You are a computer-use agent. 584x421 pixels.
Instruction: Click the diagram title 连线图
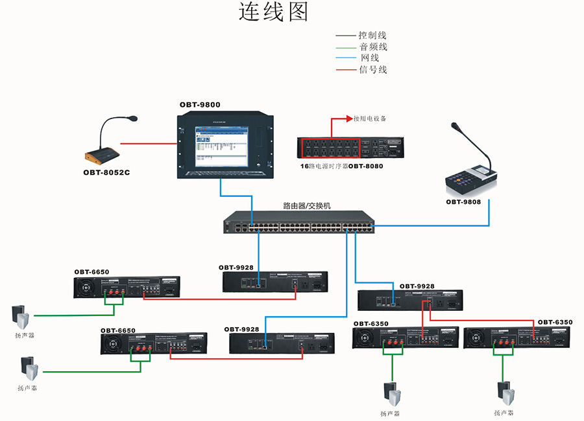[x=273, y=12]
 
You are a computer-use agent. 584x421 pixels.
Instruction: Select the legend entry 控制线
[x=372, y=36]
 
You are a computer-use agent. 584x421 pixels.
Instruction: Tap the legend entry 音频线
[x=372, y=47]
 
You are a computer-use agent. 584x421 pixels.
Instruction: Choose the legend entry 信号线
[x=372, y=69]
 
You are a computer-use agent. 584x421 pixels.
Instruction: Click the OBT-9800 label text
[x=200, y=104]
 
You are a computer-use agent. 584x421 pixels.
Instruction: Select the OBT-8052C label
[x=107, y=172]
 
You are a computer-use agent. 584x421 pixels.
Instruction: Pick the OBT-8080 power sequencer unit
[x=350, y=148]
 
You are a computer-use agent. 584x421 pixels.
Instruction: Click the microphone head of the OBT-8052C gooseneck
[x=132, y=119]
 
